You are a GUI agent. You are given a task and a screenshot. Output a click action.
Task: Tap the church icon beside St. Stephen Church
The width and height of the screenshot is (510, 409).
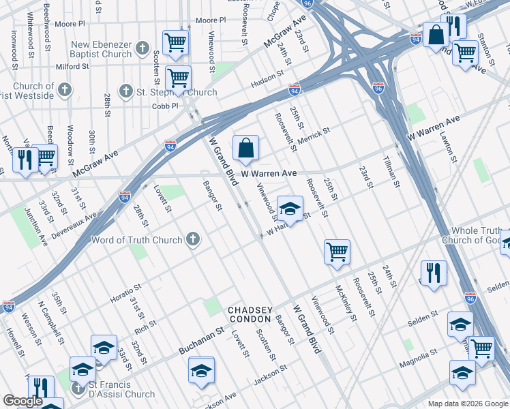125,91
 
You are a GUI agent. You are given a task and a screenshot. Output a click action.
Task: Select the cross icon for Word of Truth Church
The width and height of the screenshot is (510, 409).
193,239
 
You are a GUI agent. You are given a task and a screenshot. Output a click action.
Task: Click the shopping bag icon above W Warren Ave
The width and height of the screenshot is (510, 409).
245,148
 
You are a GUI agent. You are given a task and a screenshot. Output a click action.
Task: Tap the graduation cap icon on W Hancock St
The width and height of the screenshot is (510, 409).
290,210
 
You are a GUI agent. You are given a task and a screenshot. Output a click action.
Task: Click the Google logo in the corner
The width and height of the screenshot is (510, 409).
22,401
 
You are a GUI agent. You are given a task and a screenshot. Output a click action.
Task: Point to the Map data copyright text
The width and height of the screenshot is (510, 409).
467,403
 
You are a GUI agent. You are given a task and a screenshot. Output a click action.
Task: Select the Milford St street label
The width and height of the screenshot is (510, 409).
73,67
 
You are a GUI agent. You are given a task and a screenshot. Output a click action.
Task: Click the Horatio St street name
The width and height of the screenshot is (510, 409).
125,294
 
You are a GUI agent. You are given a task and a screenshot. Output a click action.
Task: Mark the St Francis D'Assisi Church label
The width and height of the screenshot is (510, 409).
122,394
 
